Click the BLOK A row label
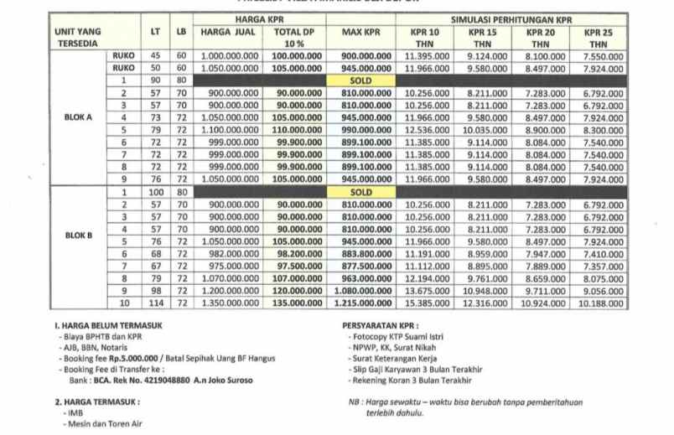click(x=78, y=117)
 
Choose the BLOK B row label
click(x=78, y=236)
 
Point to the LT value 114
click(x=155, y=303)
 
